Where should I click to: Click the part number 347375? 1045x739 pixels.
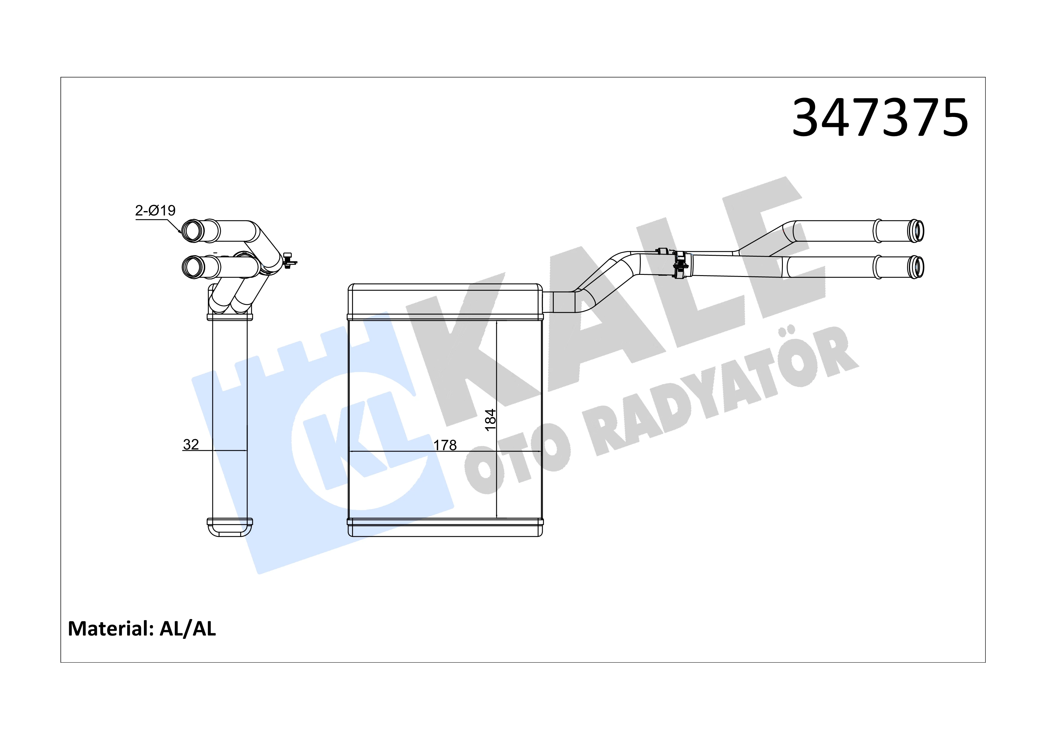(x=880, y=118)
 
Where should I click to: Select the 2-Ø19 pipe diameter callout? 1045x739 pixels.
(x=155, y=210)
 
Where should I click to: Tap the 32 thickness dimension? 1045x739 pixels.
(x=191, y=444)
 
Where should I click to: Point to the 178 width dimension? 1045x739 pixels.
(x=445, y=445)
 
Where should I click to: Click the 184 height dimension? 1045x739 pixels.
(x=490, y=419)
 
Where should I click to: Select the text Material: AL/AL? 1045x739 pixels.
(x=141, y=629)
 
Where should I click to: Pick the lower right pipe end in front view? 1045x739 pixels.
(x=916, y=267)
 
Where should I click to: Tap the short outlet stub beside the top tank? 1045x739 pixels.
(x=558, y=302)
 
